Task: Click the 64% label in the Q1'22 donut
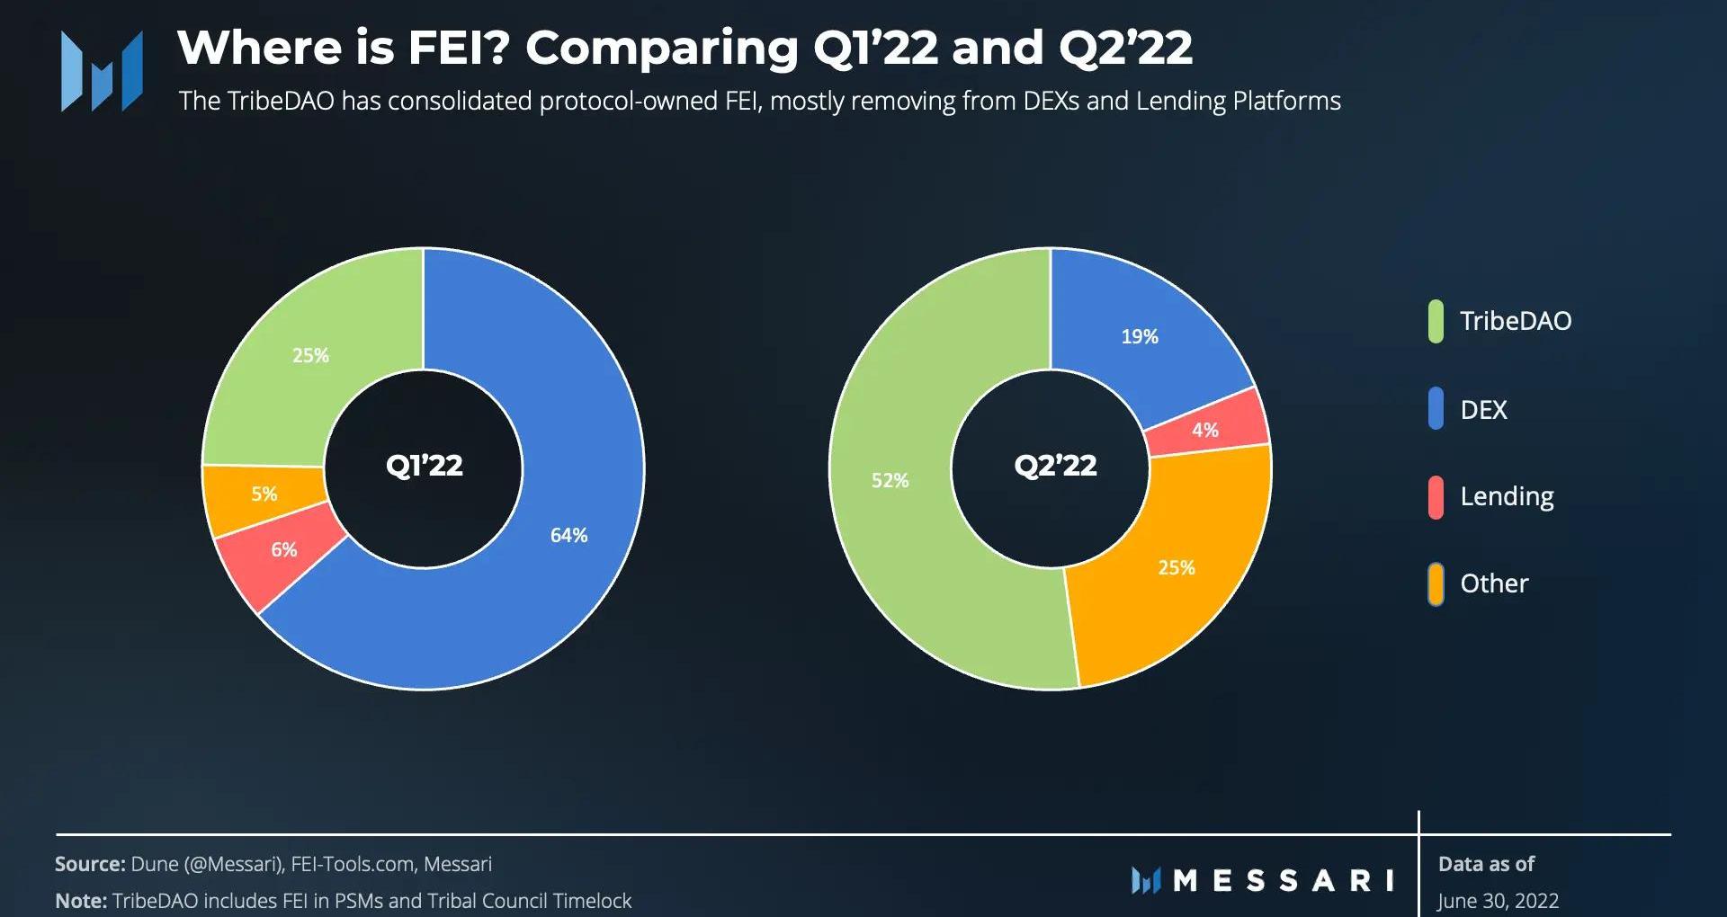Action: click(x=568, y=536)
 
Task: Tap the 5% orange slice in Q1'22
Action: click(x=263, y=494)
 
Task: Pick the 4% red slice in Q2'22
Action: click(x=1205, y=430)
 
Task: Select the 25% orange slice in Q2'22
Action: click(x=1176, y=568)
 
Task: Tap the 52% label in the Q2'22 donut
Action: click(x=890, y=481)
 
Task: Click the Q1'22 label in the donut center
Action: click(x=424, y=466)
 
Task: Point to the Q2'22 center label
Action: click(x=1055, y=466)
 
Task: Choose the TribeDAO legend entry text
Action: click(x=1516, y=321)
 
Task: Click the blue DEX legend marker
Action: click(x=1436, y=409)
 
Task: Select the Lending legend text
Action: click(x=1507, y=496)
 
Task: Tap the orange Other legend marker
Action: click(x=1436, y=584)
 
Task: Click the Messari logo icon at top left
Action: click(x=102, y=71)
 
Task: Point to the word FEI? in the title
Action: click(x=459, y=48)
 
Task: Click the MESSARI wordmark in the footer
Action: click(x=1284, y=880)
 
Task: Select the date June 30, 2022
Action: click(x=1498, y=900)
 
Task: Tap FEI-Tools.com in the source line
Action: click(x=352, y=865)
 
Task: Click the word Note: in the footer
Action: click(x=81, y=901)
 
